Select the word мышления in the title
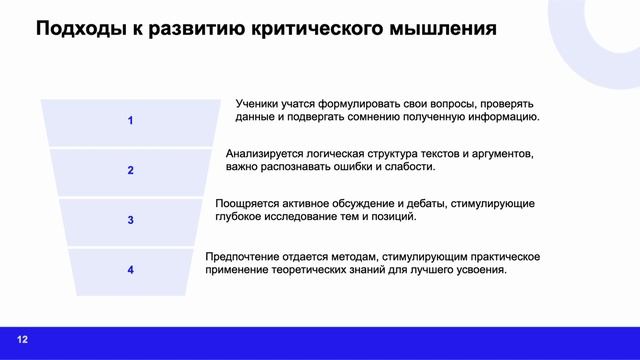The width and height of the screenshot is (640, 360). click(x=449, y=29)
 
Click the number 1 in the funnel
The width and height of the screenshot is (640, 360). click(x=130, y=121)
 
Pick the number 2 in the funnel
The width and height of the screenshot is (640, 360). click(x=130, y=170)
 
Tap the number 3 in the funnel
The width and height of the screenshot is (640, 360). click(x=130, y=219)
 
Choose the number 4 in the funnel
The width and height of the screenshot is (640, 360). click(x=130, y=269)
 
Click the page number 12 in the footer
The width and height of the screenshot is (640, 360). click(x=22, y=340)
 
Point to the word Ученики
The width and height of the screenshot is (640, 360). click(x=260, y=103)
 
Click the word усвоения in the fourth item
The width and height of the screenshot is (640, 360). click(x=480, y=271)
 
